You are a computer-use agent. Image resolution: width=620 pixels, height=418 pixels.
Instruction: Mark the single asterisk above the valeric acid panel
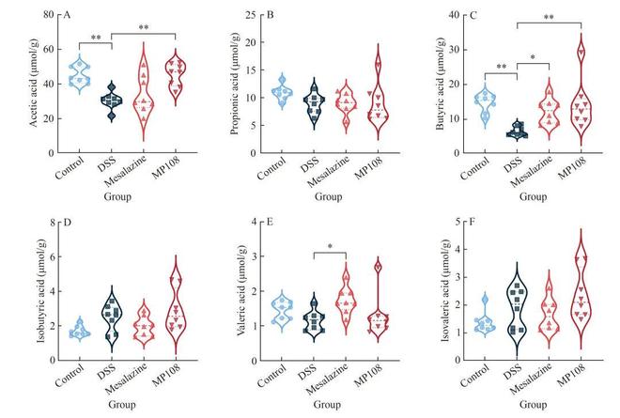click(x=331, y=245)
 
